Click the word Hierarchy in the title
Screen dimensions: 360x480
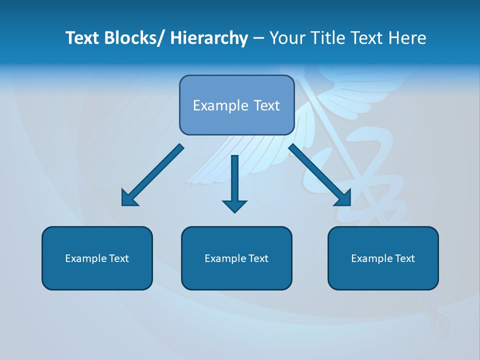(x=209, y=38)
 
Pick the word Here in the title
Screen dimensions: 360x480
(x=408, y=38)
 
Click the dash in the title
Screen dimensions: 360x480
(x=258, y=38)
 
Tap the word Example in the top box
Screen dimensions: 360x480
(x=216, y=106)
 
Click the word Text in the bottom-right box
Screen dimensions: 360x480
(x=404, y=258)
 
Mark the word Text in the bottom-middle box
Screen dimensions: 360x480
(x=258, y=258)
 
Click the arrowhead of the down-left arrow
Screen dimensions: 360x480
(x=129, y=198)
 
